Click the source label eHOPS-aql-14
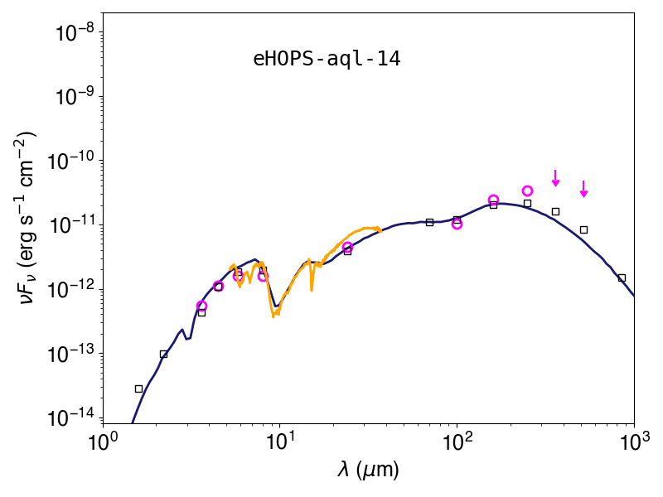coord(327,59)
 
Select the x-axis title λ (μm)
coord(368,470)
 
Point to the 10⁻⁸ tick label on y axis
coord(77,32)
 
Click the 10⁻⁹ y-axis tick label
coord(77,97)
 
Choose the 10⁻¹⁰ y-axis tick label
coord(73,161)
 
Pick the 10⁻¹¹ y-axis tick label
coord(73,225)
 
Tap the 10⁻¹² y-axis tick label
coord(73,289)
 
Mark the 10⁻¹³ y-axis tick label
coord(73,354)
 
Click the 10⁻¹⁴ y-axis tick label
coord(73,418)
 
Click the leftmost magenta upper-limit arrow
coord(555,178)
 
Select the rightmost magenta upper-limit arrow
coord(583,190)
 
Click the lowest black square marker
coord(138,388)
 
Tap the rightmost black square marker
coord(622,278)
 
